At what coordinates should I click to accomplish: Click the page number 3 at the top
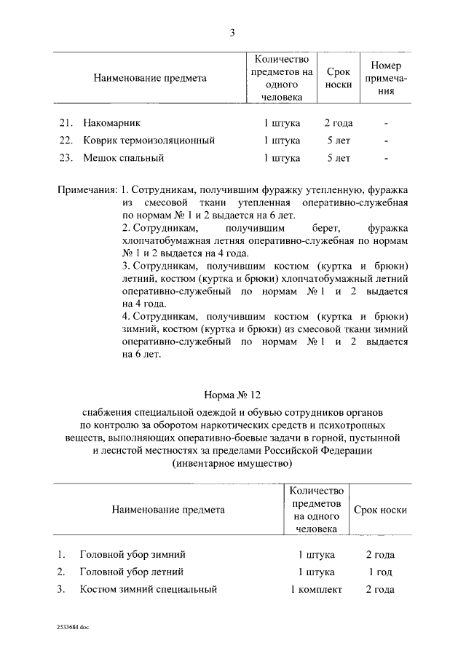pyautogui.click(x=232, y=32)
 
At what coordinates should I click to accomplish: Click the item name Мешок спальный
pyautogui.click(x=123, y=157)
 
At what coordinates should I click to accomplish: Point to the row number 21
pyautogui.click(x=65, y=123)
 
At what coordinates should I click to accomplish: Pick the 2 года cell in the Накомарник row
pyautogui.click(x=339, y=123)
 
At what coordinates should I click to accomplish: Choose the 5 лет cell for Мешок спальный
pyautogui.click(x=339, y=157)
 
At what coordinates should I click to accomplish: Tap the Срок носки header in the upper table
pyautogui.click(x=339, y=79)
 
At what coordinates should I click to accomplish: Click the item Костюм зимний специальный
pyautogui.click(x=149, y=589)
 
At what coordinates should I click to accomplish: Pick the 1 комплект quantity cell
pyautogui.click(x=316, y=589)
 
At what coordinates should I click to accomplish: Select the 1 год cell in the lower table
pyautogui.click(x=379, y=572)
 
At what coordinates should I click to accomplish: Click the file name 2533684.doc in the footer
pyautogui.click(x=73, y=626)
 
